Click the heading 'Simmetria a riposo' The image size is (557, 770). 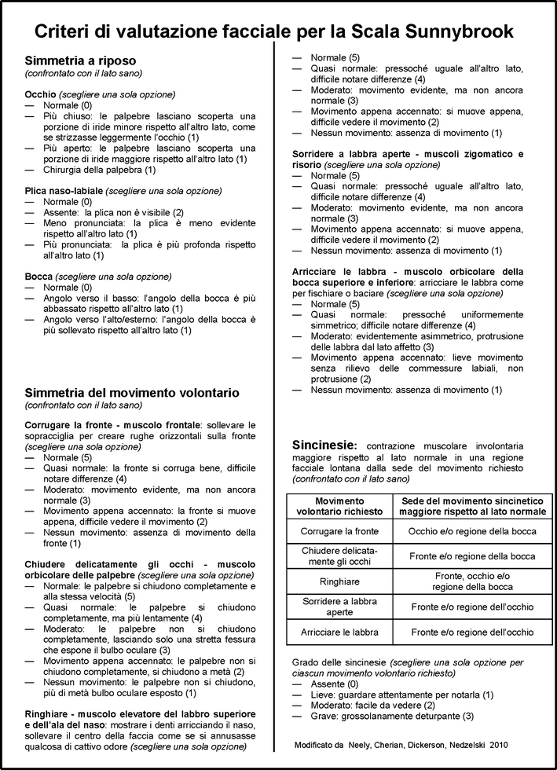click(81, 60)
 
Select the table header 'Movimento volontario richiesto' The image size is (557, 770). click(340, 506)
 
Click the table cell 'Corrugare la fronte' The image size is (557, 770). click(339, 531)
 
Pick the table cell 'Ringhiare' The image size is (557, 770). click(339, 581)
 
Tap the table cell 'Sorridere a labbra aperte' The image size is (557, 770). click(339, 607)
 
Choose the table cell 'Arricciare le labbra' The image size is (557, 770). click(339, 632)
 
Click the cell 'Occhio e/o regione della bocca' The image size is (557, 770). click(472, 531)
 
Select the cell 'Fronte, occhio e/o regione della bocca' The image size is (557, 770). click(472, 581)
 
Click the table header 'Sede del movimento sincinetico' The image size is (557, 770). click(472, 500)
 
